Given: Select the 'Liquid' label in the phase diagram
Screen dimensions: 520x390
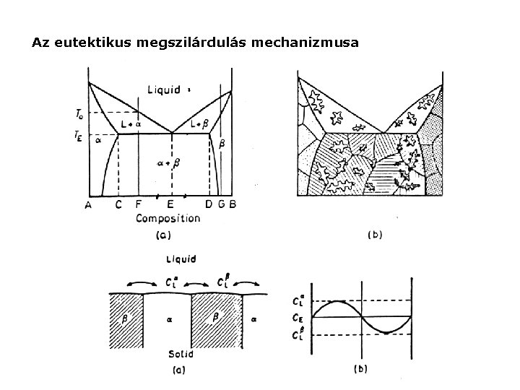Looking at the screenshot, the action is [x=165, y=90].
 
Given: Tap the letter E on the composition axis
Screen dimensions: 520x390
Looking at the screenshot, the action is [x=170, y=204].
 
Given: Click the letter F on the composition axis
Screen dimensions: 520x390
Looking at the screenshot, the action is [x=138, y=204].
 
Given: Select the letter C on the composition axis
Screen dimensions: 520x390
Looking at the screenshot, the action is [x=118, y=204].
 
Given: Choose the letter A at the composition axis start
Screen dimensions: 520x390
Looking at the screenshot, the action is [x=88, y=204].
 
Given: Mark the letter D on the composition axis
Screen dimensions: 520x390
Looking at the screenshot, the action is [x=209, y=204].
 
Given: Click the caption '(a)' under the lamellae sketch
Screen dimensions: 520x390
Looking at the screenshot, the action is [x=178, y=370].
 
